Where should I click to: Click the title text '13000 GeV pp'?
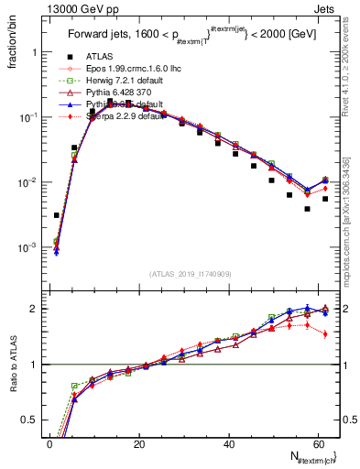[71, 8]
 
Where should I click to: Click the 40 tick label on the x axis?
[228, 444]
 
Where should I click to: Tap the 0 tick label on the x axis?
[49, 444]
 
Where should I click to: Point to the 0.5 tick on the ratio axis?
[28, 420]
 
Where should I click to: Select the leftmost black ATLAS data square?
[57, 215]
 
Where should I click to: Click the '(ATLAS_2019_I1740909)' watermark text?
[183, 274]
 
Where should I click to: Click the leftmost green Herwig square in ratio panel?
[74, 386]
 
